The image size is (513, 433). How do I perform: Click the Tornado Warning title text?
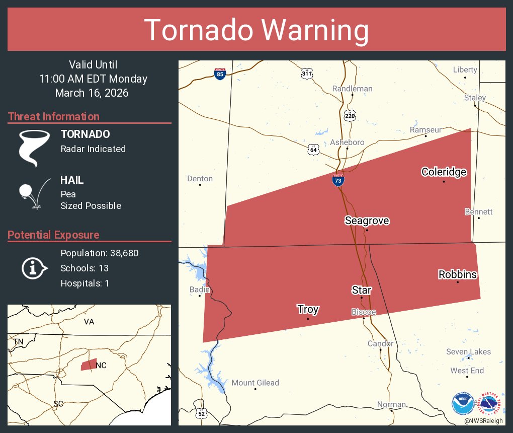[256, 30]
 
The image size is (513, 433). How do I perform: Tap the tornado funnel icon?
[34, 148]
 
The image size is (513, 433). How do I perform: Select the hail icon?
[33, 193]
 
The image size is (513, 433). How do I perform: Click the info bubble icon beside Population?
[34, 268]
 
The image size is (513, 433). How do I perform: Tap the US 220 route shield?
[350, 116]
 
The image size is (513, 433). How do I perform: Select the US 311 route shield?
[307, 74]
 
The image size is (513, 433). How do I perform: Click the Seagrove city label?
[367, 221]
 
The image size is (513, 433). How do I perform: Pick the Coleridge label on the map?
[444, 172]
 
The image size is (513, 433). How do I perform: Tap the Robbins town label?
[458, 274]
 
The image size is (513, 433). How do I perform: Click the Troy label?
[307, 309]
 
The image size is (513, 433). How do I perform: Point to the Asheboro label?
[347, 142]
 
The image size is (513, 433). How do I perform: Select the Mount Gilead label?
[255, 383]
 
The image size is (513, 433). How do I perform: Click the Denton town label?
[200, 179]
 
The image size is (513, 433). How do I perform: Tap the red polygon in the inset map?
[89, 365]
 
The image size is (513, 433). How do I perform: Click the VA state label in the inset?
[89, 322]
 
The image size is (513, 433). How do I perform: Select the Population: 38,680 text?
[99, 253]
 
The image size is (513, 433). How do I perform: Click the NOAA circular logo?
[462, 403]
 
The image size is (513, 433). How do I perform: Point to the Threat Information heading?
[54, 116]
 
